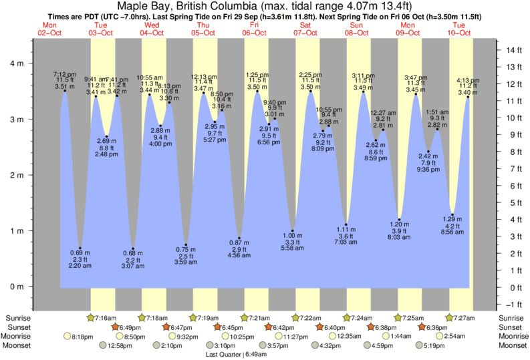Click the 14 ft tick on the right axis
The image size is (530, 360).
pos(513,50)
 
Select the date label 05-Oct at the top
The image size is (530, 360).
pos(203,32)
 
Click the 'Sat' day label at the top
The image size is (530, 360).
pos(305,25)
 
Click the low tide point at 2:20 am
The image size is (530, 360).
pos(80,248)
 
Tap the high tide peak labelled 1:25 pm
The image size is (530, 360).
pos(257,92)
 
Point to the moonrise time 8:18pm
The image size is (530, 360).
pos(82,337)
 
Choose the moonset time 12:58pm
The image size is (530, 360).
pos(118,346)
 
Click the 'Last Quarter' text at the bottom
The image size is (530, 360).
pos(225,355)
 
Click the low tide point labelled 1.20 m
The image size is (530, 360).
pos(399,220)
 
